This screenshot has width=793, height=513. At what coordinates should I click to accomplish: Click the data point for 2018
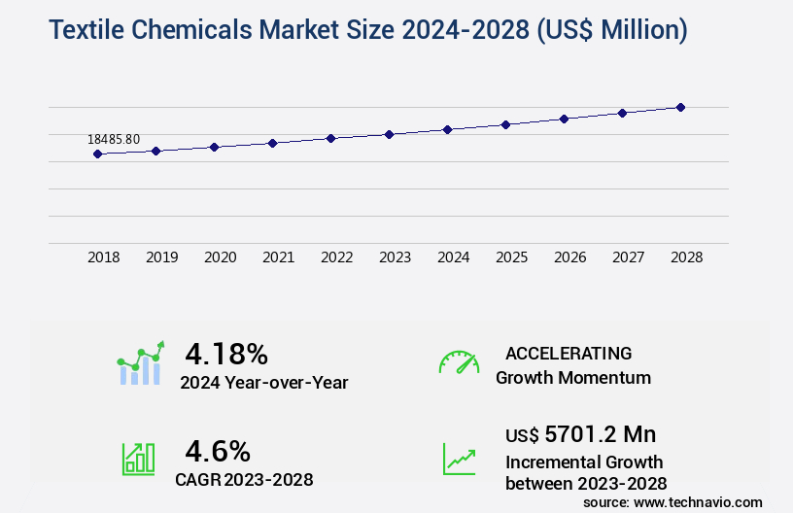point(97,154)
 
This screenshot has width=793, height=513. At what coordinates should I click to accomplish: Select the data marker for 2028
point(680,107)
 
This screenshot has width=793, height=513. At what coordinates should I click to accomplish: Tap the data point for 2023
point(389,134)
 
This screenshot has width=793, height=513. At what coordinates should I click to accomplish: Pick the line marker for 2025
point(505,124)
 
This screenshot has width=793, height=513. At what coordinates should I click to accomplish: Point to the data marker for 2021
point(272,143)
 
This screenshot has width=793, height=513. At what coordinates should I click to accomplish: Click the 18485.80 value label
point(114,139)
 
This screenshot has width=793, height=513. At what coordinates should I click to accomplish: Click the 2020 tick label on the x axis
point(221,257)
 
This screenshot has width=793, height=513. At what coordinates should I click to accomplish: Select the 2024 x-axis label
point(454,257)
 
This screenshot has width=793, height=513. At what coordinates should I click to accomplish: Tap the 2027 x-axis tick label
point(629,257)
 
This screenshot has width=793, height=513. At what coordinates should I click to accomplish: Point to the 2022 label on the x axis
point(337,257)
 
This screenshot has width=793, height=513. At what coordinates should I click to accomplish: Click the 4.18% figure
point(226,353)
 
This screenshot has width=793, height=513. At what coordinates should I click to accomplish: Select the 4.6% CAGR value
point(218,451)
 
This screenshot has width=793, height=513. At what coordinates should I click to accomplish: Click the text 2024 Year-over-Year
point(263,383)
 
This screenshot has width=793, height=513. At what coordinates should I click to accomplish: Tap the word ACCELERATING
point(569,353)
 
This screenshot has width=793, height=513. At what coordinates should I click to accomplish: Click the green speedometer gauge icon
point(459,362)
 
